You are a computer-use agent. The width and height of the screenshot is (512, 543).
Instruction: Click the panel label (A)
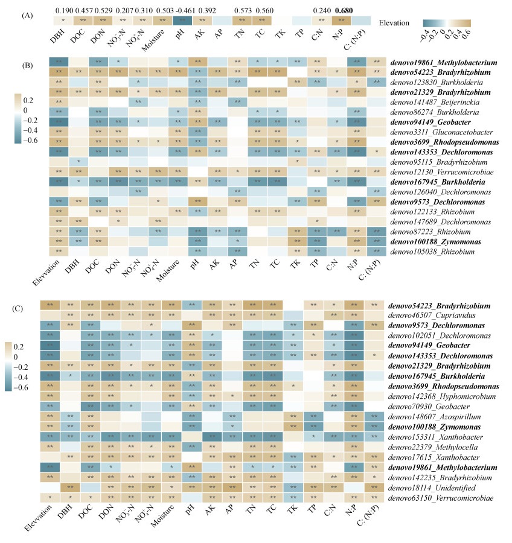pyautogui.click(x=27, y=16)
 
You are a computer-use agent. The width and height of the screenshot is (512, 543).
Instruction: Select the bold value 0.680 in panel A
pyautogui.click(x=341, y=10)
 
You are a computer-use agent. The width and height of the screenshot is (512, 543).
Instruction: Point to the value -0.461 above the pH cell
pyautogui.click(x=180, y=10)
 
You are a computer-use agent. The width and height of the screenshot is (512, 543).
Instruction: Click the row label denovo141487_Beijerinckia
pyautogui.click(x=422, y=101)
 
